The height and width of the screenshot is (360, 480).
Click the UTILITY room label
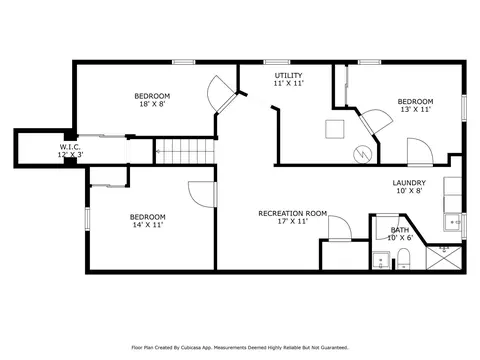click(288, 75)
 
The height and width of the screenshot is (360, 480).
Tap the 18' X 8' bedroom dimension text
click(152, 104)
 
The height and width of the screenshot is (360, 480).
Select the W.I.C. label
click(70, 147)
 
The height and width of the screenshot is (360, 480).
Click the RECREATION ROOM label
click(293, 213)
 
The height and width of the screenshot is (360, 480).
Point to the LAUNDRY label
click(409, 183)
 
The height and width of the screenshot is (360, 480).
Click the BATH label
click(400, 230)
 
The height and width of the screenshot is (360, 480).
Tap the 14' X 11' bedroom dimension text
click(148, 225)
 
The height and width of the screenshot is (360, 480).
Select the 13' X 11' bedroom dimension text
click(416, 109)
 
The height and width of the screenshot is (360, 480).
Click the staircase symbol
click(185, 151)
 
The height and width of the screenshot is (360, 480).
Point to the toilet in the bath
click(403, 258)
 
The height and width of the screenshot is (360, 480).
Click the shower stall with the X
click(444, 258)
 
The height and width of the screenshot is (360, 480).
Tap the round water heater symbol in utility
click(363, 154)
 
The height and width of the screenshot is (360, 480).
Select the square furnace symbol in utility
click(335, 129)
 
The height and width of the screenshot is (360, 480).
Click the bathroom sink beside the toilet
click(381, 260)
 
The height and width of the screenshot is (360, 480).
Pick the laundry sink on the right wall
click(453, 222)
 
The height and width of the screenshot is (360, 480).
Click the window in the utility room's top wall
click(277, 62)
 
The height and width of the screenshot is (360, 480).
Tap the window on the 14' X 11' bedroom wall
click(87, 219)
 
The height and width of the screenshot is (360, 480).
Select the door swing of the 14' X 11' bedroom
click(202, 194)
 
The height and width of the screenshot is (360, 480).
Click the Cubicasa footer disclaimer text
click(240, 348)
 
